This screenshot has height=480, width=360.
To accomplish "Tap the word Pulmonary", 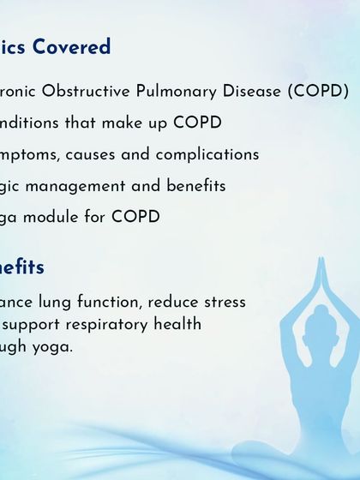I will (x=182, y=91).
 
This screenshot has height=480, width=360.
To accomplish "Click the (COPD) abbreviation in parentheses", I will (x=319, y=91).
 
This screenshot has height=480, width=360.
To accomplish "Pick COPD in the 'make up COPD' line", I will (x=197, y=123).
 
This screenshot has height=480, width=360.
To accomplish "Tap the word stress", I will (x=223, y=302).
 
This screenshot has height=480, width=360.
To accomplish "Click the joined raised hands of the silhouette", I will (x=321, y=273).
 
